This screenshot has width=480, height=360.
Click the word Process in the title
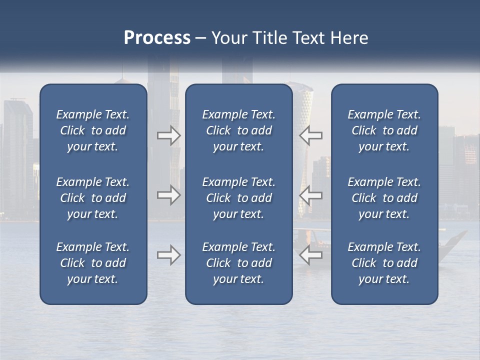[x=157, y=38]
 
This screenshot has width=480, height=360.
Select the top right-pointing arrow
[x=169, y=135]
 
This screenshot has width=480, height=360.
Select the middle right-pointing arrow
[x=169, y=195]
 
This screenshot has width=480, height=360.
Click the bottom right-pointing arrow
[x=169, y=255]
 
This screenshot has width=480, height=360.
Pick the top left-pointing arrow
[x=310, y=135]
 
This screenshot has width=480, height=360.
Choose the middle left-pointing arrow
[x=310, y=195]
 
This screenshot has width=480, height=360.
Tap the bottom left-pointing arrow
[x=310, y=255]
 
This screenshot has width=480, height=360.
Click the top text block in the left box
[x=93, y=130]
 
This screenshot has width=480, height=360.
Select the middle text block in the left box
[x=93, y=198]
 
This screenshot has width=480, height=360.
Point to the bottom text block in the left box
[x=93, y=263]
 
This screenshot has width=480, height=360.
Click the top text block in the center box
[x=238, y=130]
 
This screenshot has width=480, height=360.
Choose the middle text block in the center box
[x=238, y=198]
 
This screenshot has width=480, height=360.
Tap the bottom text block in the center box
[x=238, y=263]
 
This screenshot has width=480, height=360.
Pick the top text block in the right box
[x=384, y=130]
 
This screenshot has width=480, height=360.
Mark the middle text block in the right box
[x=384, y=198]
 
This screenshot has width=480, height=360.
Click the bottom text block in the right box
[x=384, y=263]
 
